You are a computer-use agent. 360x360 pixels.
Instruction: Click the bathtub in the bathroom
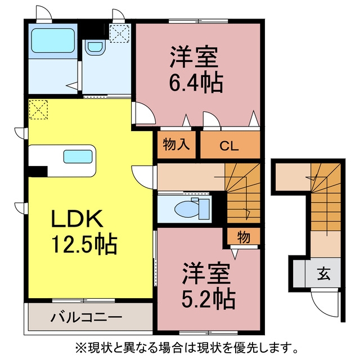pos(53,40)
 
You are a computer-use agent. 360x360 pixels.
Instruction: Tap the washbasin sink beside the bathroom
pos(95,47)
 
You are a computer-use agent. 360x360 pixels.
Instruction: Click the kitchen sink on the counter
pos(78,156)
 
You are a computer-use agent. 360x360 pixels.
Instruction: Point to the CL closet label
pos(229,146)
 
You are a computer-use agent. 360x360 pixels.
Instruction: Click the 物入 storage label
pos(176,145)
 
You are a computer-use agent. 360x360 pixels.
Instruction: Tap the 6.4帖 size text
pos(196,83)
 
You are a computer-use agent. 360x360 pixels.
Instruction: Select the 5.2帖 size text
pos(209,299)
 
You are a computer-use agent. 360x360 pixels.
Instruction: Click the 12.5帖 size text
pos(84,244)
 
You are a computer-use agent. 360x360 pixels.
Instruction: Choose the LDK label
pos(77,218)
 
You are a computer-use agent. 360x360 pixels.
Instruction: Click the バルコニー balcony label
pos(86,318)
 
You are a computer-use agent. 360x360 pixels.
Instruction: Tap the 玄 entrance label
pos(324,274)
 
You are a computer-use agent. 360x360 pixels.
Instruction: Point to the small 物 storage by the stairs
pos(244,237)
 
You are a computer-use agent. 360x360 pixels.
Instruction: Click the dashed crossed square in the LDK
pos(38,110)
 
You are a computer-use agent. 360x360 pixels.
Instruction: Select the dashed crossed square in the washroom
pos(119,34)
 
